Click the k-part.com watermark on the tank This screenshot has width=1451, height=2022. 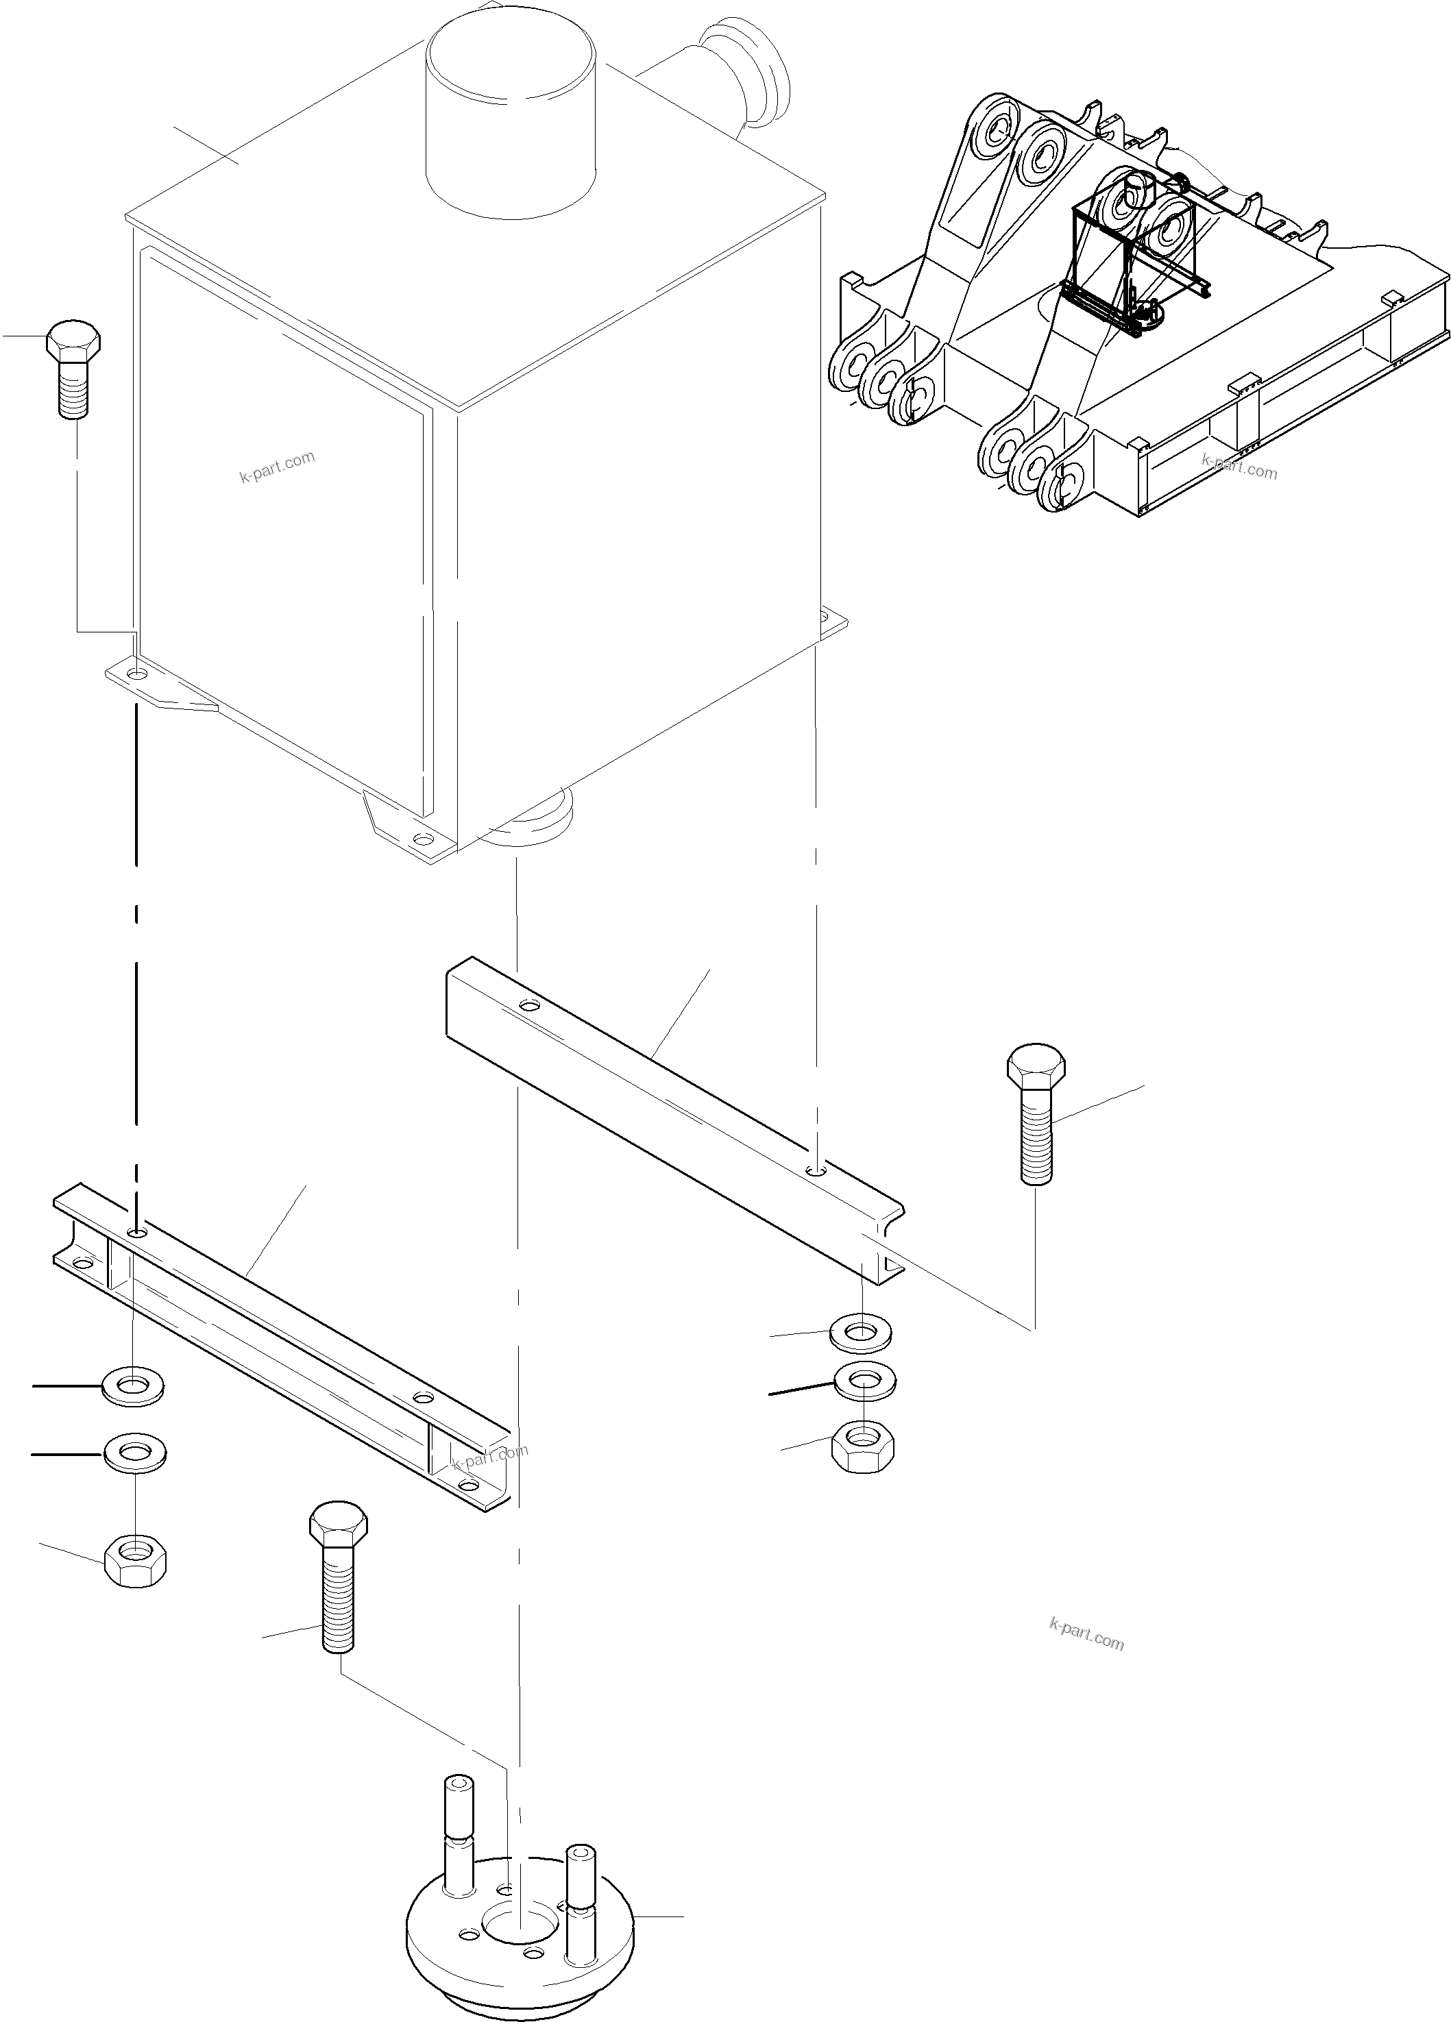pyautogui.click(x=278, y=466)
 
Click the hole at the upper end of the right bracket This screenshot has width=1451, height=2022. pyautogui.click(x=529, y=1006)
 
